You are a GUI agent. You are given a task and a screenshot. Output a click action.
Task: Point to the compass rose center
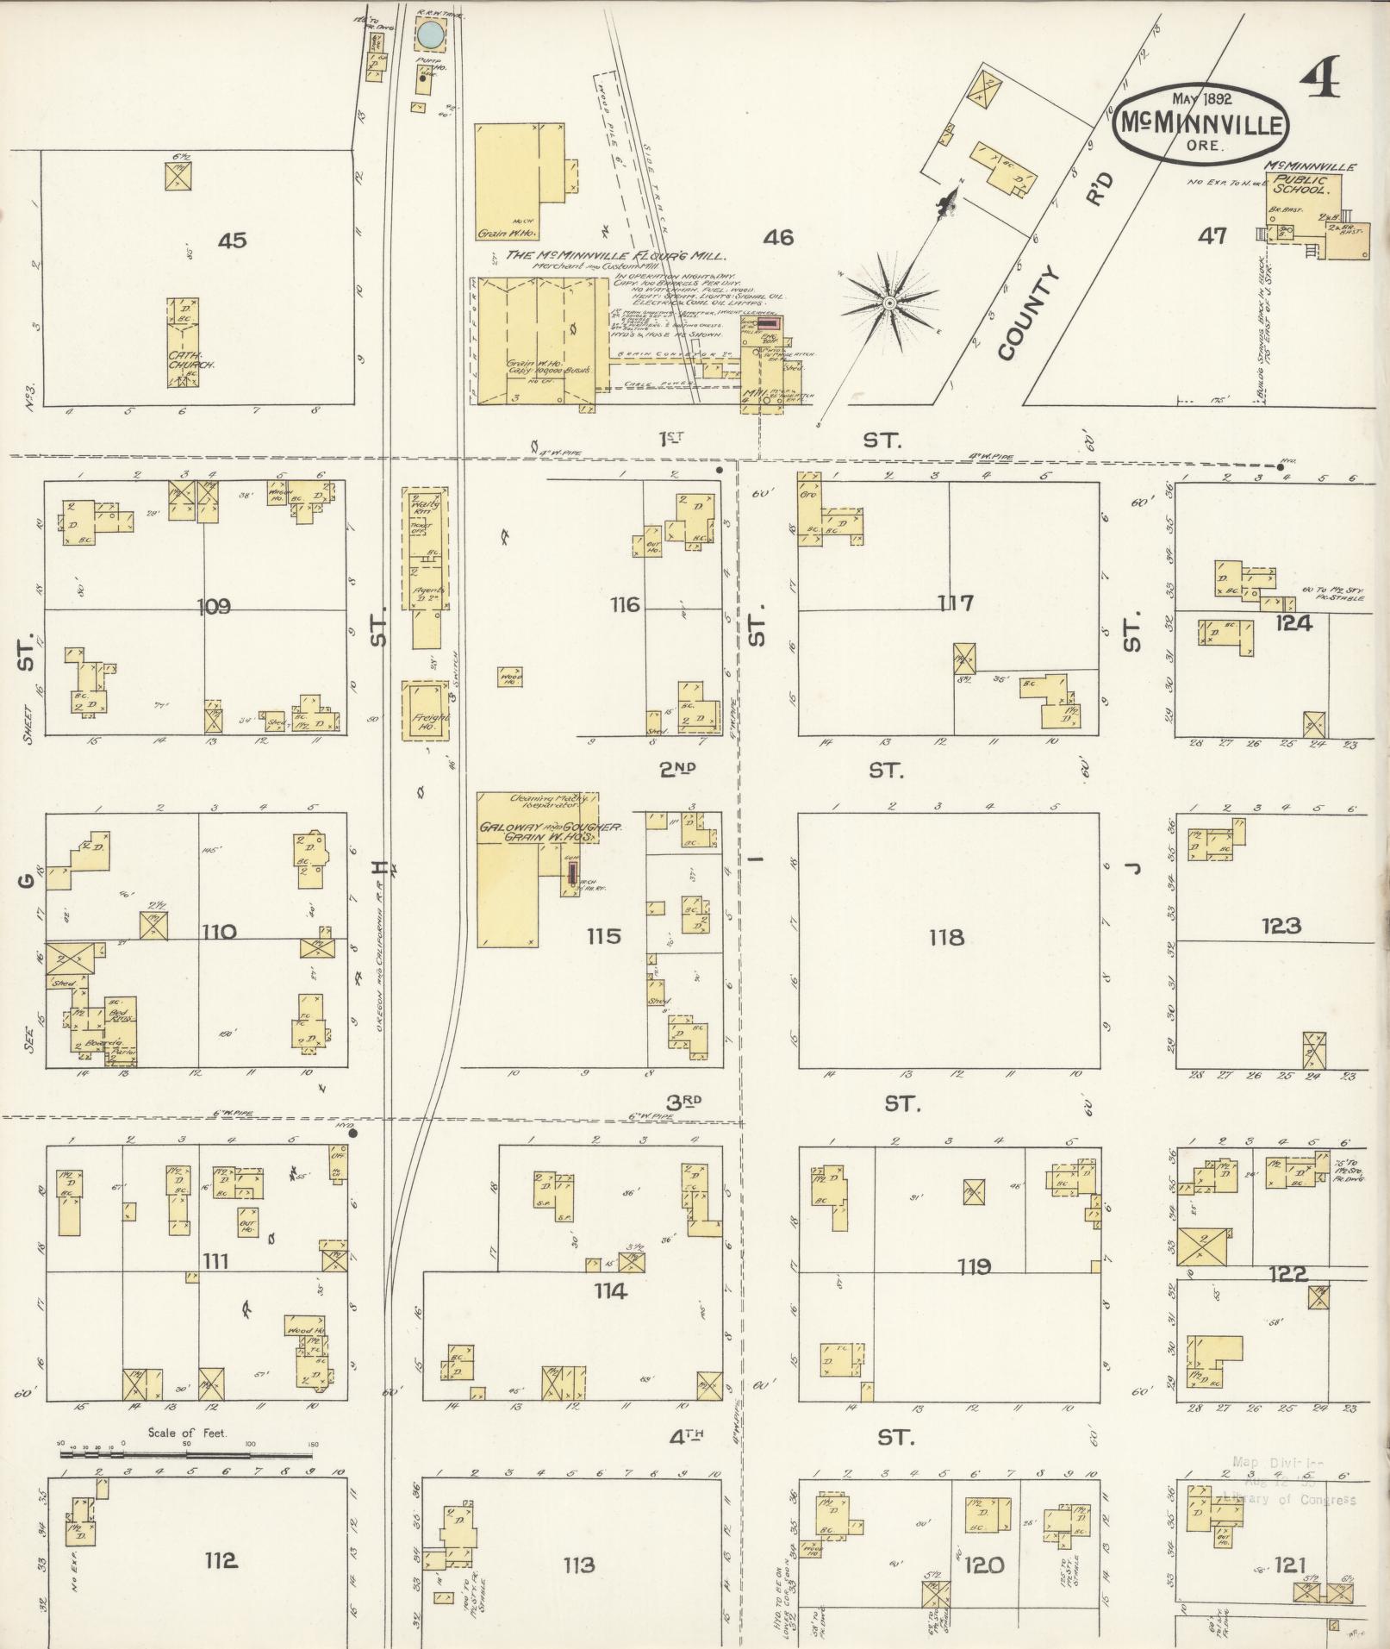(888, 303)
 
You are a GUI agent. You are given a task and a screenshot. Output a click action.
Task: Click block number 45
(232, 240)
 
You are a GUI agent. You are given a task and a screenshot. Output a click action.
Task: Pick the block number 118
(946, 937)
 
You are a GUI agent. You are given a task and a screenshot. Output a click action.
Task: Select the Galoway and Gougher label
(550, 828)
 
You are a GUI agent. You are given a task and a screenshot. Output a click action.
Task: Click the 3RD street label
(683, 1101)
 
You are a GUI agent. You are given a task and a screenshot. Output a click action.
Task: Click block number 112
(221, 1560)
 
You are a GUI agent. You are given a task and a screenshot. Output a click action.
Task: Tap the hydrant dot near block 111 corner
(352, 1134)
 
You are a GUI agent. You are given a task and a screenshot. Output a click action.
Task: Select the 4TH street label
(687, 1436)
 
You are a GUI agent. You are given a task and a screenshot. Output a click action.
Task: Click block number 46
(777, 237)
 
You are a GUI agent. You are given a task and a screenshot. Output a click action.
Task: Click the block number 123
(1281, 927)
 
